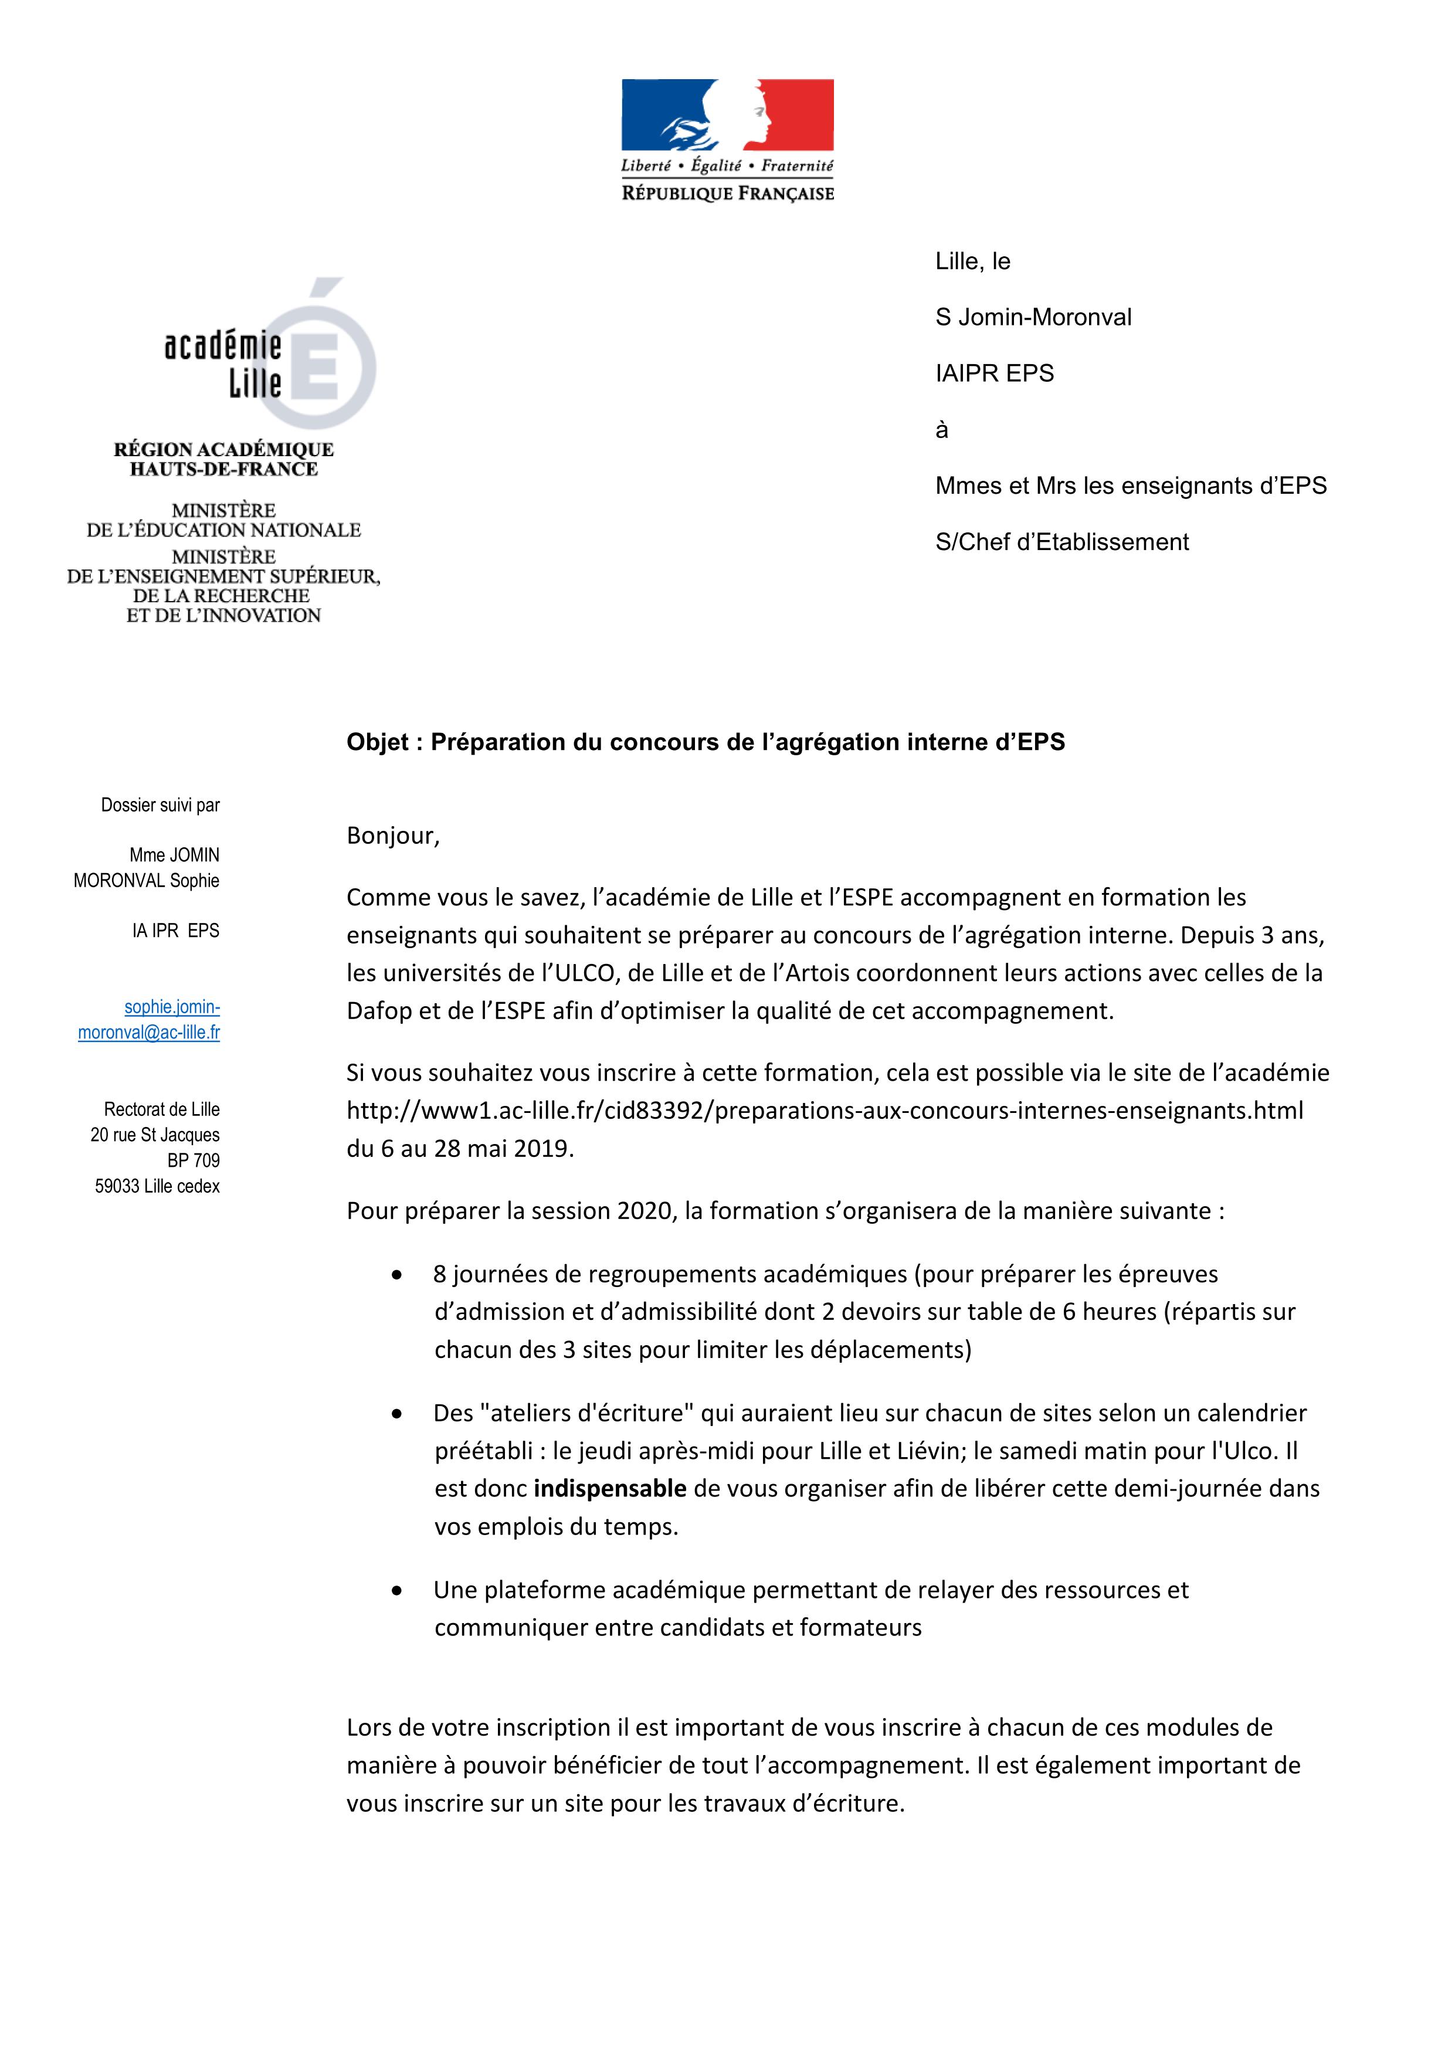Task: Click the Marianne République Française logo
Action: coord(727,139)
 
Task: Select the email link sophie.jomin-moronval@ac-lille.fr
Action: coord(150,1020)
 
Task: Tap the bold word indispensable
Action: coord(609,1488)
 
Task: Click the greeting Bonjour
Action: coord(392,836)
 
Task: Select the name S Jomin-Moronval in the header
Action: coord(1033,317)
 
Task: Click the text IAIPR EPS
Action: coord(995,374)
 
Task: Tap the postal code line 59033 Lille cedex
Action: coord(158,1186)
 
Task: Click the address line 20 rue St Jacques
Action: coord(155,1135)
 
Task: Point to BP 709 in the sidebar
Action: coord(194,1160)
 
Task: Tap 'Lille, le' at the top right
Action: coord(972,262)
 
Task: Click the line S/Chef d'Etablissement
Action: coord(1061,542)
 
